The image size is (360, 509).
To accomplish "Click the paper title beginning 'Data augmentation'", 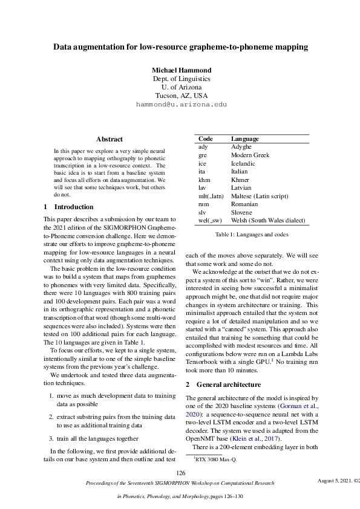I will [x=180, y=47].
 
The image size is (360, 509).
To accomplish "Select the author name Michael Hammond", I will [x=180, y=70].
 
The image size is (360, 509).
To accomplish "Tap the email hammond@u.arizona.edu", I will [x=181, y=104].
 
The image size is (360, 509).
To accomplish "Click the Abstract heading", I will [x=110, y=139].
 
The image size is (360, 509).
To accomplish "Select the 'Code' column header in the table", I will [x=206, y=138].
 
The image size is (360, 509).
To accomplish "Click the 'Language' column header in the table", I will [x=246, y=138].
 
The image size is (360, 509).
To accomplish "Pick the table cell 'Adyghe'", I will [x=241, y=147].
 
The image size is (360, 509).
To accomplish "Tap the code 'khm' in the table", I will [x=205, y=180].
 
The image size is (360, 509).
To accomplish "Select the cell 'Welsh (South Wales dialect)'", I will [x=268, y=221].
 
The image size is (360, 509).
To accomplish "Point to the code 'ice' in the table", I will [x=203, y=163].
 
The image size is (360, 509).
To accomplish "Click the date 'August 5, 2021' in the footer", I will [x=335, y=481].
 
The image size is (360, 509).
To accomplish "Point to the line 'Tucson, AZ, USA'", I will [x=181, y=96].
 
